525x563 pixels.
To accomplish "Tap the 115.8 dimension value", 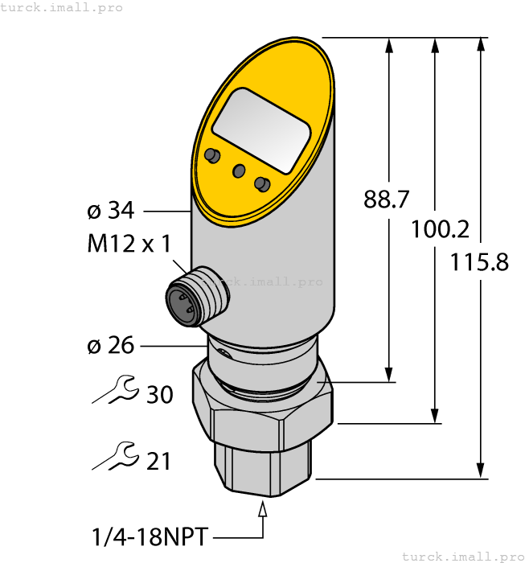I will pyautogui.click(x=479, y=262).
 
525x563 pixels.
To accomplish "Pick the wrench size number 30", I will pyautogui.click(x=159, y=394).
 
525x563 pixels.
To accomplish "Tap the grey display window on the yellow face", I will pyautogui.click(x=262, y=132).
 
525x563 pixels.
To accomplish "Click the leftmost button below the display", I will pyautogui.click(x=212, y=155).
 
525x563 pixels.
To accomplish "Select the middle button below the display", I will pyautogui.click(x=238, y=170).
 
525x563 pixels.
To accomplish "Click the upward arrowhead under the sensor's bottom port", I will pyautogui.click(x=262, y=508).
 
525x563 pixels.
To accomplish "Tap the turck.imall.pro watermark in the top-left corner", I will pyautogui.click(x=62, y=7).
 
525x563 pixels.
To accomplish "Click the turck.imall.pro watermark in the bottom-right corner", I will pyautogui.click(x=461, y=556).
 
